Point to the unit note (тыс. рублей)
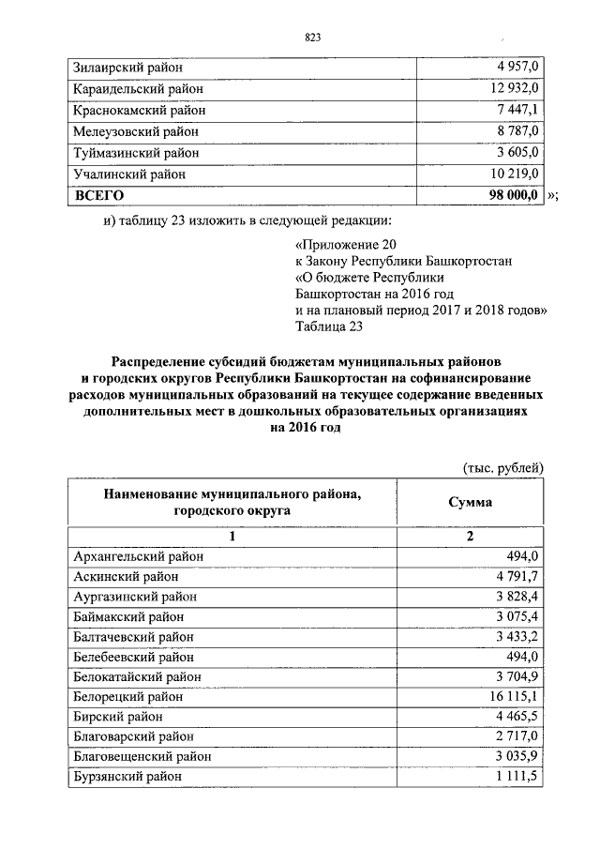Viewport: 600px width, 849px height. click(x=503, y=467)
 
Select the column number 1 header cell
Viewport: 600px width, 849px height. click(x=232, y=537)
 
